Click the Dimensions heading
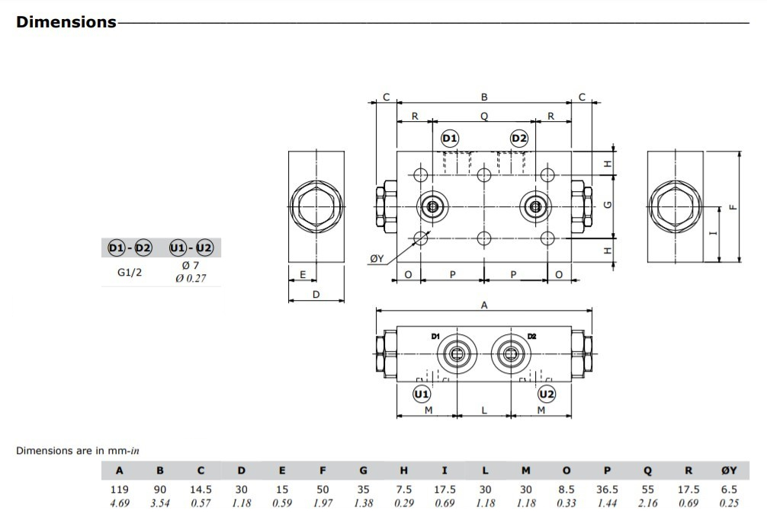tap(66, 22)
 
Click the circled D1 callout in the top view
tap(450, 138)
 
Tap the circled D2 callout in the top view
tap(519, 138)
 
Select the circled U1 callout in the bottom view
tap(421, 394)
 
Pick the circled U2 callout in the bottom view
tap(547, 394)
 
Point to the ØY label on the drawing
tap(377, 259)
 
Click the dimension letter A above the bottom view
tap(484, 305)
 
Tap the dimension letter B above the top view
tap(484, 97)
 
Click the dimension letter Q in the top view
tap(484, 117)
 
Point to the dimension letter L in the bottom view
tap(484, 410)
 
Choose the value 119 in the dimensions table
tap(120, 490)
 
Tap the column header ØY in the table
tap(729, 471)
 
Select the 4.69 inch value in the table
tap(120, 503)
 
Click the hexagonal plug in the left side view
tap(316, 206)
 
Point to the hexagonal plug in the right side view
tap(675, 206)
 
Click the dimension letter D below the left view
tap(316, 294)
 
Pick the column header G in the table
tap(364, 471)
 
